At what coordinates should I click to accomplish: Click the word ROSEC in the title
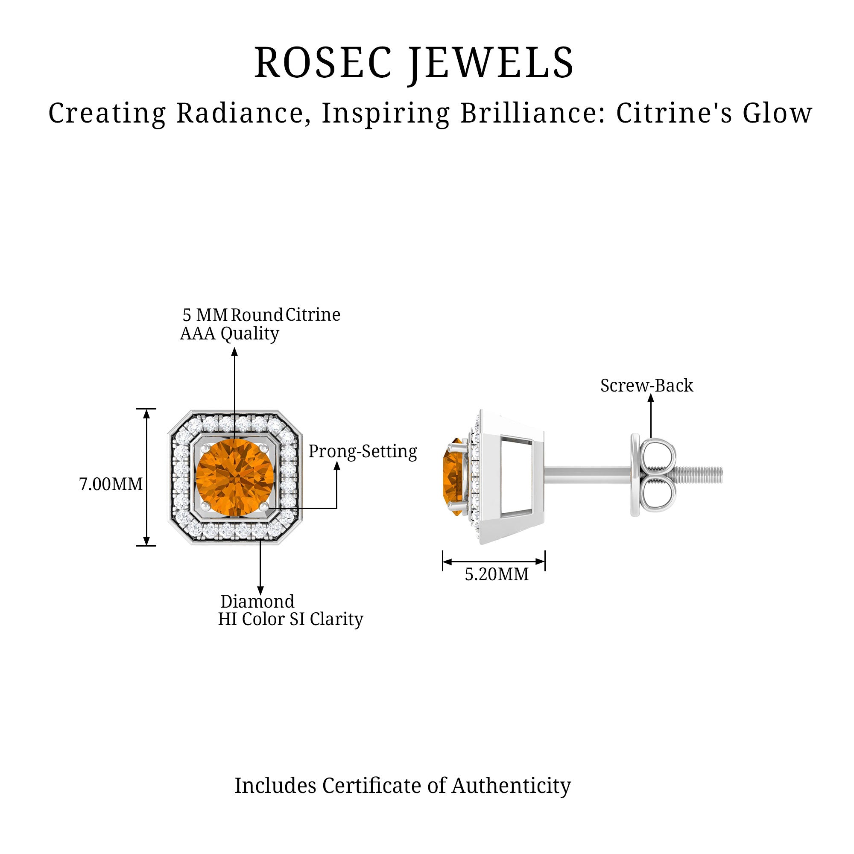[x=323, y=63]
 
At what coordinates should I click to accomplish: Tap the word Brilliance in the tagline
[x=532, y=113]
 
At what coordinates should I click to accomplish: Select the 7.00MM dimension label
[x=111, y=485]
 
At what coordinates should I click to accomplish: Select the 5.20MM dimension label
[x=497, y=575]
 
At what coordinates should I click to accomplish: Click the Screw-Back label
[x=646, y=386]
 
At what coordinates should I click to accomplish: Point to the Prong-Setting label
[x=363, y=452]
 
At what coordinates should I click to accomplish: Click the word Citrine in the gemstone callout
[x=313, y=315]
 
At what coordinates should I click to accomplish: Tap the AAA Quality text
[x=229, y=334]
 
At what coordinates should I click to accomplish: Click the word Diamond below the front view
[x=257, y=602]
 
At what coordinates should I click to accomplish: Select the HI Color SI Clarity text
[x=290, y=619]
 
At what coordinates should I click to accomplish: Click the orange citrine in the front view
[x=234, y=477]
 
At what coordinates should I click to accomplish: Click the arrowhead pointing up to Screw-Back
[x=651, y=398]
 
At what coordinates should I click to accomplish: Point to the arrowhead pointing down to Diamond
[x=260, y=591]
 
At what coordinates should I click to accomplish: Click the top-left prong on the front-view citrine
[x=205, y=448]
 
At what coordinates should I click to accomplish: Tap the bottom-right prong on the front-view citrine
[x=264, y=505]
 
